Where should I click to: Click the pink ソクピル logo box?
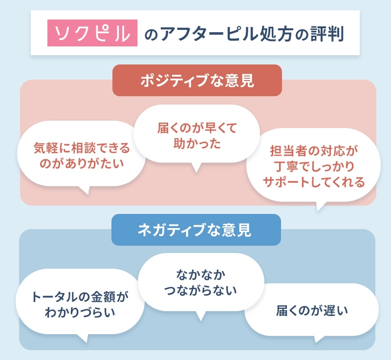(93, 33)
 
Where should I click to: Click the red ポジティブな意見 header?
(197, 81)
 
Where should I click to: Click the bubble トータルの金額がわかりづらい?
(80, 304)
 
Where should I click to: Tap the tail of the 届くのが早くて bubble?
(196, 168)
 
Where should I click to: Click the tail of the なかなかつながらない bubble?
(200, 317)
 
